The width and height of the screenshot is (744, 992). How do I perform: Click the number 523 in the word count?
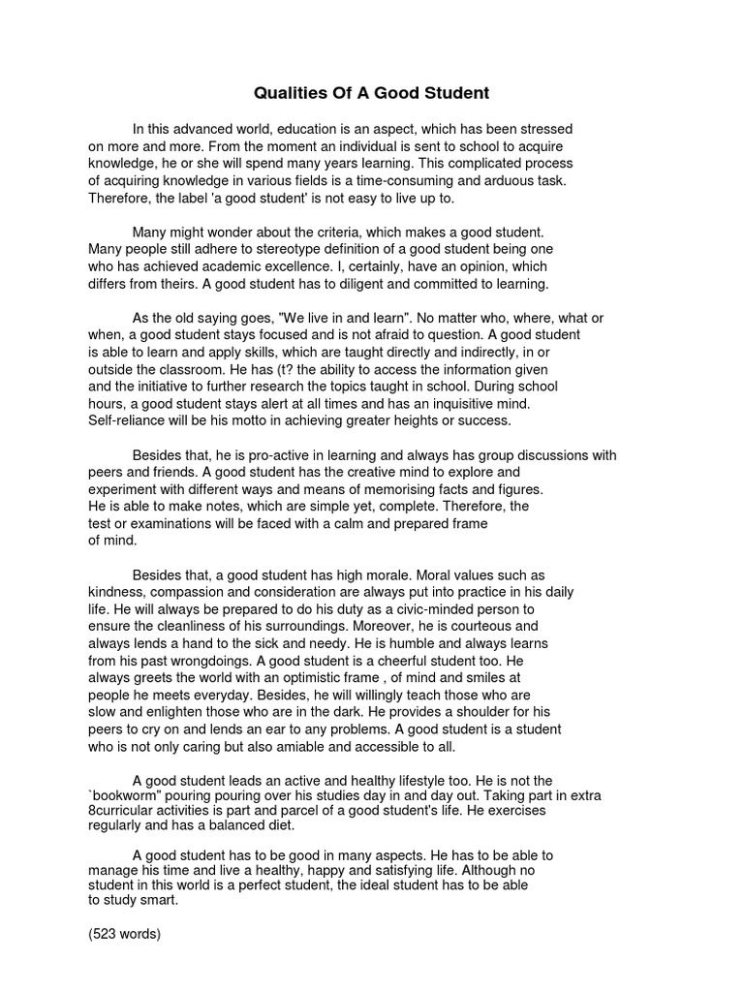point(106,935)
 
